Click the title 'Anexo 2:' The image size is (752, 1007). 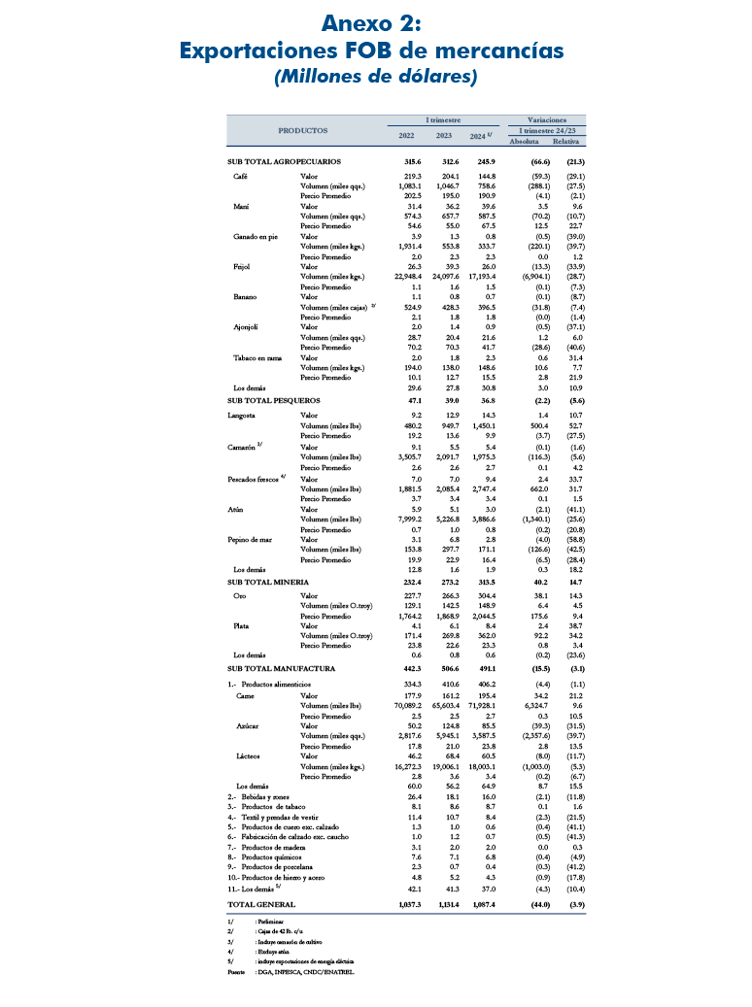(x=375, y=22)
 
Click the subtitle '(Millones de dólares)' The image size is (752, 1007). (x=375, y=77)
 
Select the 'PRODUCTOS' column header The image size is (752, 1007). (x=303, y=130)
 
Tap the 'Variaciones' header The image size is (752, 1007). (x=547, y=119)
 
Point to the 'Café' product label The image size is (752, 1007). (x=240, y=177)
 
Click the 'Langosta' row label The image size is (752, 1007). (x=242, y=415)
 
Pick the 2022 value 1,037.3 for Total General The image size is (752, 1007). (x=412, y=904)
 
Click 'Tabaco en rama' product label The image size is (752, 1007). (x=256, y=358)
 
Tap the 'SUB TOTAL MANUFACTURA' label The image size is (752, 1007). (x=281, y=669)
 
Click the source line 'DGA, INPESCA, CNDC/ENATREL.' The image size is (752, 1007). (x=303, y=969)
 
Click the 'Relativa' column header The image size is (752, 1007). (x=579, y=141)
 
